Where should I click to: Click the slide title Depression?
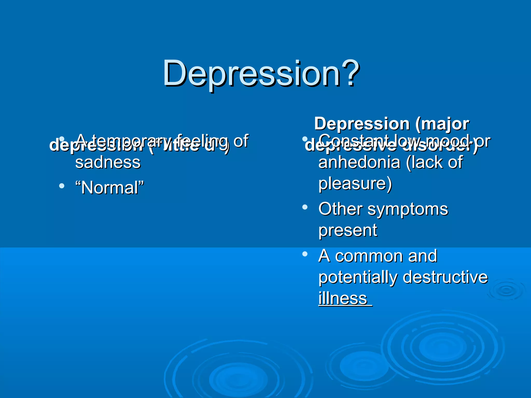261,74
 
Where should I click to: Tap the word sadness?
108,163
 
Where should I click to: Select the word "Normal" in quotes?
109,187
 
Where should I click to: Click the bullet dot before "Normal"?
62,186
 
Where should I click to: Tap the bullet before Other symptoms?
305,207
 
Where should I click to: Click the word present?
348,230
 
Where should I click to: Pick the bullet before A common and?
305,254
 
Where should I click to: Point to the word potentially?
358,277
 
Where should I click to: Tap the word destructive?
445,277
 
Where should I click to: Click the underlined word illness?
343,298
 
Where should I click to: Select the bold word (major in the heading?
442,124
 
